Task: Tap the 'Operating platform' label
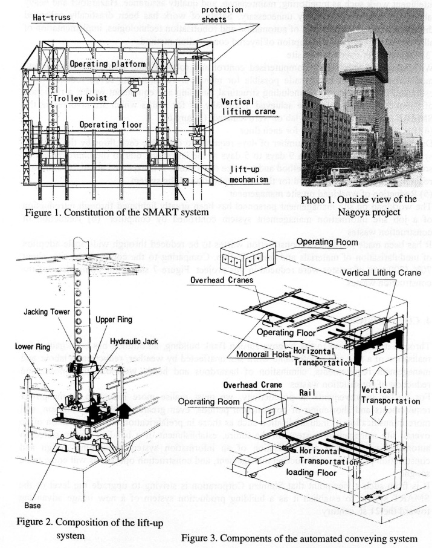pyautogui.click(x=107, y=63)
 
